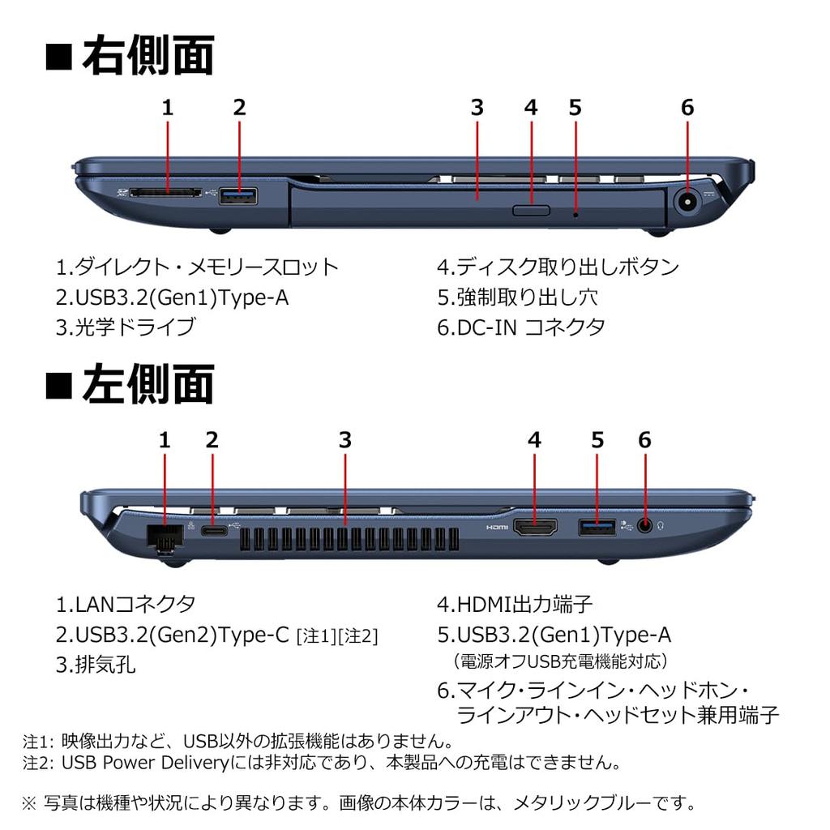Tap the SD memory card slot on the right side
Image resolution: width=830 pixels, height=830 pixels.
point(168,195)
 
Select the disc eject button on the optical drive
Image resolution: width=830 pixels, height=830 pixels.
point(532,211)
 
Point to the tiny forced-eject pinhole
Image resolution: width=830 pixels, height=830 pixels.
point(575,215)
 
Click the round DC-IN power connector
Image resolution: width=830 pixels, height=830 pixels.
point(687,200)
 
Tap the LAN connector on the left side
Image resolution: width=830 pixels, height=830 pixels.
point(164,537)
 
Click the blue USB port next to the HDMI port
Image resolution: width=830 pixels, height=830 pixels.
point(597,527)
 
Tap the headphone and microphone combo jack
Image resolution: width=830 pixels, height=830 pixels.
point(645,525)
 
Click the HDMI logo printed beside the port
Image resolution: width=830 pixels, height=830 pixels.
point(496,528)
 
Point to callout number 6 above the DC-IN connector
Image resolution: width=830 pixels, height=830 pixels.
point(687,107)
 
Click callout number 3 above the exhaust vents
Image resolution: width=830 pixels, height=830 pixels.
point(345,440)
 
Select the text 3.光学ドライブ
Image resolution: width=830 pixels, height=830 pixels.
point(126,327)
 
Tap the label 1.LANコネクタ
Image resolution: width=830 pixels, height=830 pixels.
point(126,604)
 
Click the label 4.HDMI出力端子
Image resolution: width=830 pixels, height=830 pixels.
point(515,604)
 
